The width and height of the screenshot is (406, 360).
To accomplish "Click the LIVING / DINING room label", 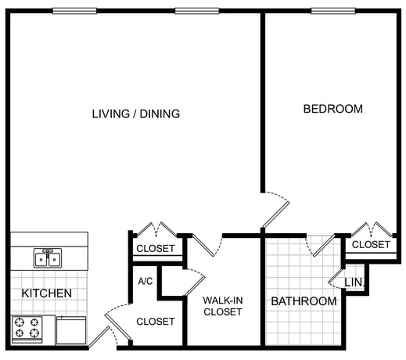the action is coord(136,114).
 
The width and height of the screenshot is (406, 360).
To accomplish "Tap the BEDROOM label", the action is coord(333,109).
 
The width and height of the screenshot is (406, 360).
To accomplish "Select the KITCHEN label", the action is coord(47,293).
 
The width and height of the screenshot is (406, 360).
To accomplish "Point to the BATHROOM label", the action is coord(304,301).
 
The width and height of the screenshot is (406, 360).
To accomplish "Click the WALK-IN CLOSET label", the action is coord(223,306).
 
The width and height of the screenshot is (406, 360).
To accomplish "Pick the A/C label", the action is coord(146,281).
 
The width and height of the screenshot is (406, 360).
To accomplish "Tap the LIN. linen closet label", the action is coord(354,282).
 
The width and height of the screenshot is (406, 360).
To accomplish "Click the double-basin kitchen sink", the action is coord(48,258).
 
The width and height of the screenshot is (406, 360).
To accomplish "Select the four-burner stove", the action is coord(27,329).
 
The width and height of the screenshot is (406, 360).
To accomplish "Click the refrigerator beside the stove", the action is coord(71,330).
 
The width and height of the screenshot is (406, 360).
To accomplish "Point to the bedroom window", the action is coord(333,11).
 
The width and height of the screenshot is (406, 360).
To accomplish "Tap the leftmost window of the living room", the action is coord(74,11).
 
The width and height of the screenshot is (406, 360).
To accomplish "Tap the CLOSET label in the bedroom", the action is coord(371,245).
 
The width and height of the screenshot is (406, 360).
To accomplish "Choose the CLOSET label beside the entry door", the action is coord(156,322).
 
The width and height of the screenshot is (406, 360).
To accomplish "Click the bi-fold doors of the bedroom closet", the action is coord(371,229).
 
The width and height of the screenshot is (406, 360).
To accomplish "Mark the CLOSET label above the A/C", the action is coord(156,248).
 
